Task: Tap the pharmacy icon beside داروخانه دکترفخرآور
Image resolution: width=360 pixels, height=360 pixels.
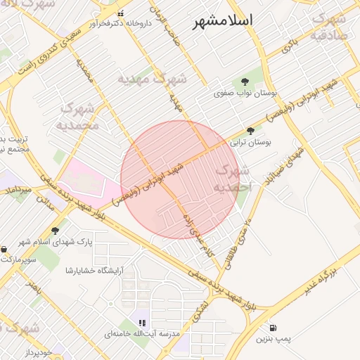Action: point(120,13)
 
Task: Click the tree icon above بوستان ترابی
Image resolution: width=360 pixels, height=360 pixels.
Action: point(250,131)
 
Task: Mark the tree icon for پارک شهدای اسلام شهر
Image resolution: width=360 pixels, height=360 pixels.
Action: point(56,231)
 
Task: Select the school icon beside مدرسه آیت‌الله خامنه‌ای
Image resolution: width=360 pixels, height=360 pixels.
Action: point(143,323)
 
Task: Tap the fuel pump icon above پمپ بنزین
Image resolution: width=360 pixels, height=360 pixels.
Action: point(272,328)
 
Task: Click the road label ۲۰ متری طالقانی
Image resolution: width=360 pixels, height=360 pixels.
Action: point(237,244)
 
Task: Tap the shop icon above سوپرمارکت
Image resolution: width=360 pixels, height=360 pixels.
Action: point(4,249)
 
